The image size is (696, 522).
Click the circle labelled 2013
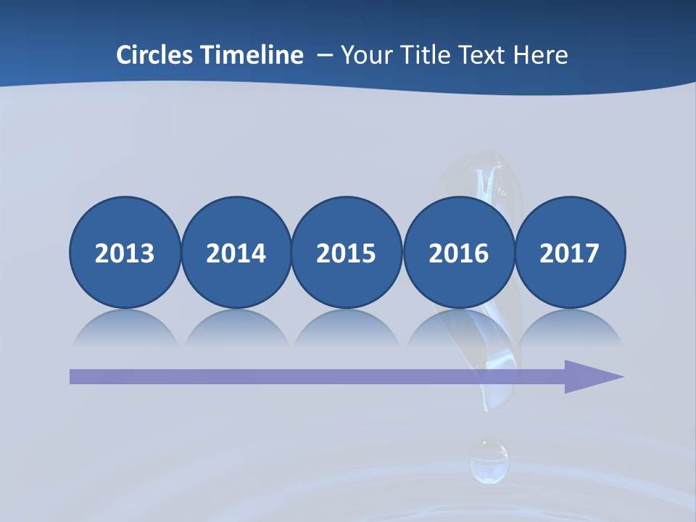click(x=125, y=252)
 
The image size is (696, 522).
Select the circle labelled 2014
click(x=236, y=252)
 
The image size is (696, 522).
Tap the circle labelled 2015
click(x=347, y=252)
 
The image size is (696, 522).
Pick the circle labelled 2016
click(x=458, y=252)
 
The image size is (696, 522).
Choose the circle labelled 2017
click(x=570, y=252)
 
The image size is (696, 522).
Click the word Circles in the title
click(x=154, y=55)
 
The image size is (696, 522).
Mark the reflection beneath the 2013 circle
click(x=125, y=328)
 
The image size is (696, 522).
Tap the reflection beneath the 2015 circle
click(x=347, y=328)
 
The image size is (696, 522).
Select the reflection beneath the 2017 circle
click(x=570, y=328)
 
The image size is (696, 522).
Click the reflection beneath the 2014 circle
click(x=236, y=328)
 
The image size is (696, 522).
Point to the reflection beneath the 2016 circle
click(x=458, y=328)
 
